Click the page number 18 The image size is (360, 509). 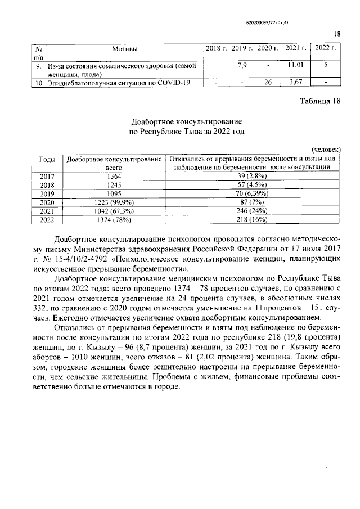coord(337,34)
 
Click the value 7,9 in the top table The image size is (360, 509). coord(242,65)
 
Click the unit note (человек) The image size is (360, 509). coord(326,150)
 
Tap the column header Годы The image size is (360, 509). coord(47,159)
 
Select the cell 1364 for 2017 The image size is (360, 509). coord(114,177)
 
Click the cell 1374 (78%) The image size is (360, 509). coord(114,219)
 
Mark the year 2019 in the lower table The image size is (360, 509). coord(47,193)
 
